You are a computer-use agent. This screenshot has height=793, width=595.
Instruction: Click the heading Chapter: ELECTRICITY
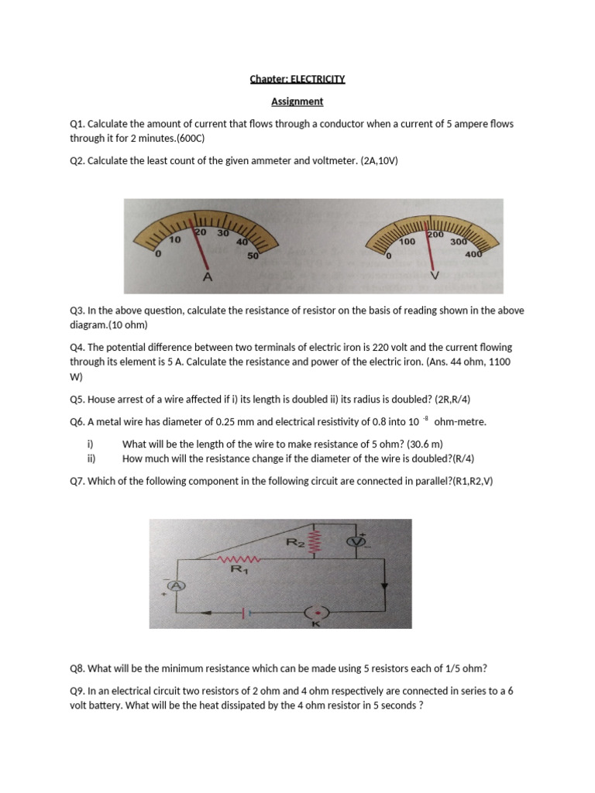point(297,79)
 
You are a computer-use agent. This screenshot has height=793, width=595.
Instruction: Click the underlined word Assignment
point(297,101)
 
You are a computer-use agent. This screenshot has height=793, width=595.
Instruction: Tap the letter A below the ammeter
point(207,276)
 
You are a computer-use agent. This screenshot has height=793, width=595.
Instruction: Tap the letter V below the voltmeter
point(434,276)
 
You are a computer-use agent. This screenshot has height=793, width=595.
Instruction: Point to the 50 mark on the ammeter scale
point(253,256)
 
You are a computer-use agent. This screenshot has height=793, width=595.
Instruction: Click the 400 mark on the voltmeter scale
point(473,254)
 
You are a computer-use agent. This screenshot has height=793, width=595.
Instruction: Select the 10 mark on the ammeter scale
point(175,240)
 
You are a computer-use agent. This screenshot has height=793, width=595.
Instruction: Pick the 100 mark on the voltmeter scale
point(408,242)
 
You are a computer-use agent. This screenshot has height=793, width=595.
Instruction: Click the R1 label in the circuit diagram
point(241,570)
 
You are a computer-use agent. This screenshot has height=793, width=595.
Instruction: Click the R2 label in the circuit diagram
point(295,543)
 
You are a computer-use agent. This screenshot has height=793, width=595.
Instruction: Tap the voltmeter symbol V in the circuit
point(356,541)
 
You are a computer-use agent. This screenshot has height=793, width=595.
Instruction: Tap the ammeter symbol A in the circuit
point(176,586)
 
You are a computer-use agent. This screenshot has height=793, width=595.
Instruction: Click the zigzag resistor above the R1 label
point(240,558)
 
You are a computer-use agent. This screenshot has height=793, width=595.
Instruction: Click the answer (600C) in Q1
point(191,138)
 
